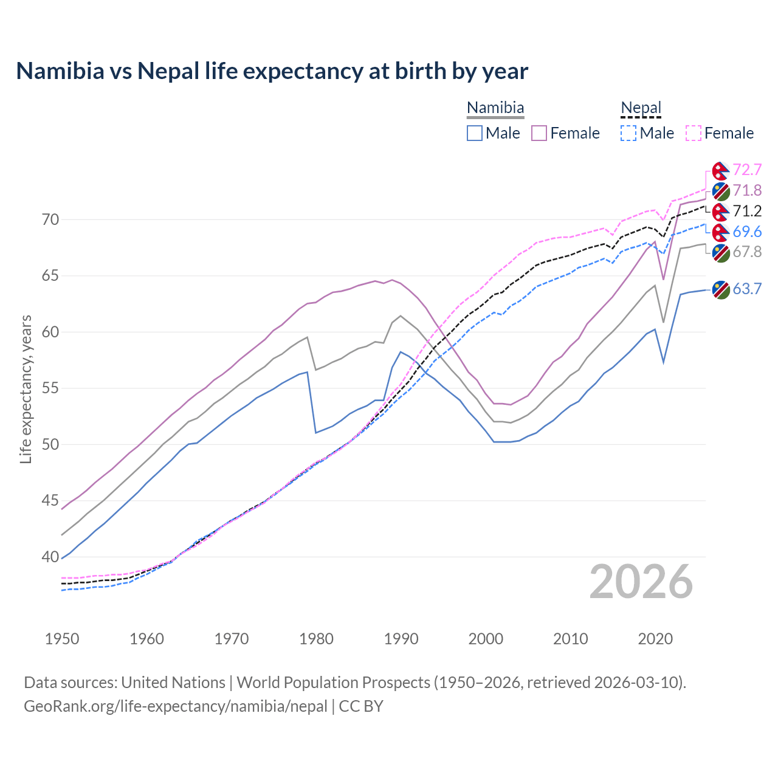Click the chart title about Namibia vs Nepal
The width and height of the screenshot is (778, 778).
click(272, 71)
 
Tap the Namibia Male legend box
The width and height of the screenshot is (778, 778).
click(475, 133)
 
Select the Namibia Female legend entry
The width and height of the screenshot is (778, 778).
click(565, 133)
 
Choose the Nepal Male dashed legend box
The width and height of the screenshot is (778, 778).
click(628, 133)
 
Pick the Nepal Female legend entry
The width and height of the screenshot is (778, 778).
click(720, 133)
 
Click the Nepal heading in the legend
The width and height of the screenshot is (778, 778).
click(641, 108)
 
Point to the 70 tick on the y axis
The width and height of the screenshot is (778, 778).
click(50, 219)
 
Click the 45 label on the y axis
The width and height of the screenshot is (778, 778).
click(50, 501)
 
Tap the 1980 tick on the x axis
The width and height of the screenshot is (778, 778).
click(316, 639)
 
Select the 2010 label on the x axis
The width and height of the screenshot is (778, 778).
click(570, 639)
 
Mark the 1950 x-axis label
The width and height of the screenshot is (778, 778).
click(62, 639)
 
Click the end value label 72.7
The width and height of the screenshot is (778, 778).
click(747, 170)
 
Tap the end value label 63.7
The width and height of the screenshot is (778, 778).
click(747, 289)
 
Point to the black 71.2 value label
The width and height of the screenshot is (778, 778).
click(747, 211)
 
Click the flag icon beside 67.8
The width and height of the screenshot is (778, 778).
click(721, 253)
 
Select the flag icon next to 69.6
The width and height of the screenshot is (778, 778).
click(721, 232)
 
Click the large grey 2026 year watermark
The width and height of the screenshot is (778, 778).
click(641, 582)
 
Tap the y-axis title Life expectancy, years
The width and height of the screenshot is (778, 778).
click(26, 389)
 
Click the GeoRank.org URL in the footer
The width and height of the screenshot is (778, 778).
click(176, 706)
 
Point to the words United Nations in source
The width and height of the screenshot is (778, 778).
click(173, 683)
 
